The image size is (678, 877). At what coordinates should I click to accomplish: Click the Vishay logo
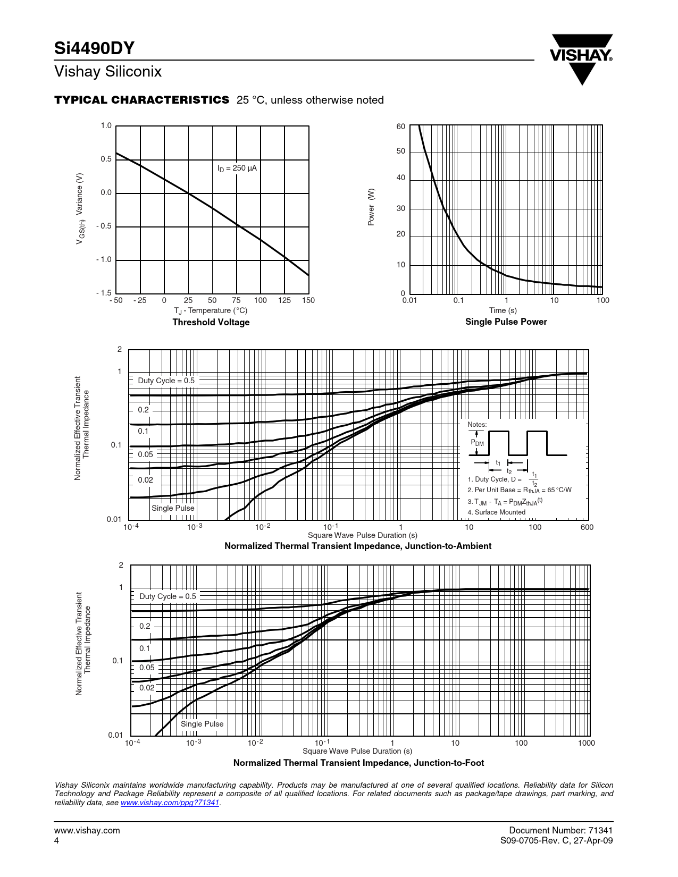(x=582, y=58)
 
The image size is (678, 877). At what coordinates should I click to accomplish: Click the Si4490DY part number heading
(x=94, y=48)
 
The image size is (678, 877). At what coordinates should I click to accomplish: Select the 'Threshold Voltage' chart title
(x=211, y=322)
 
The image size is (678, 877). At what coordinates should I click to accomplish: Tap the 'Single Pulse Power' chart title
(x=506, y=322)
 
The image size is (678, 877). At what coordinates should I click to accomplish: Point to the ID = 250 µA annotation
(x=237, y=168)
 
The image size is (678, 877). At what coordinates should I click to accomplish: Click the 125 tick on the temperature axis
(x=284, y=300)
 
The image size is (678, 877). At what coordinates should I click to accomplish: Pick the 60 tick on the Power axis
(x=400, y=127)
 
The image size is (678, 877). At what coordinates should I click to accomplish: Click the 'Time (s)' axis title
(x=503, y=310)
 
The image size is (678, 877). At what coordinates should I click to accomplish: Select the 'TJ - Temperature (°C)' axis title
(x=211, y=310)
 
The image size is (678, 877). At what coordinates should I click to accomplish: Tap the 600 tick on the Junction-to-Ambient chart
(x=587, y=527)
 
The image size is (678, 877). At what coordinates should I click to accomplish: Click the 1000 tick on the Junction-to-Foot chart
(x=586, y=743)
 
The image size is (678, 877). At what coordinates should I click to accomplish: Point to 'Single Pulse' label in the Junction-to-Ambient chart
(x=173, y=508)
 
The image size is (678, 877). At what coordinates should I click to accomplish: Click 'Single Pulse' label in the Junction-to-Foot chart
(x=202, y=724)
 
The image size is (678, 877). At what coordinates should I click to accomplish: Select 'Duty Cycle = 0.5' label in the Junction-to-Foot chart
(x=168, y=596)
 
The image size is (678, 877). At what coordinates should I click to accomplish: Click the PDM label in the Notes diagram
(x=478, y=443)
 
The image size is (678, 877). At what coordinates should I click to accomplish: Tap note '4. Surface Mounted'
(x=496, y=512)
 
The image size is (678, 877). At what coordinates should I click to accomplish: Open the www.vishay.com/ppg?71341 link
(x=170, y=803)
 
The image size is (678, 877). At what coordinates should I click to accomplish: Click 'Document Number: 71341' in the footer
(x=560, y=830)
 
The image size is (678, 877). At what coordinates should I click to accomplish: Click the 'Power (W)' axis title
(x=371, y=207)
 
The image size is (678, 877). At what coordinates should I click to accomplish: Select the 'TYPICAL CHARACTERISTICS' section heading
(x=142, y=100)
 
